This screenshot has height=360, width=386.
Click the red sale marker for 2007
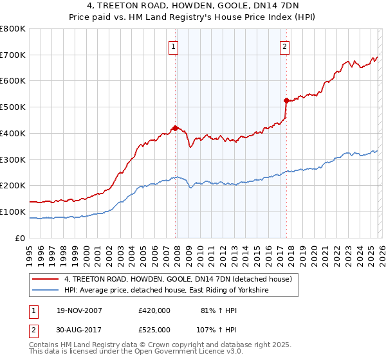click(x=175, y=127)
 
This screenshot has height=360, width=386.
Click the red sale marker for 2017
click(x=286, y=100)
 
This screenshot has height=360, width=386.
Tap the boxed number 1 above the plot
click(x=174, y=46)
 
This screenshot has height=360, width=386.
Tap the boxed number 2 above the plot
click(x=284, y=46)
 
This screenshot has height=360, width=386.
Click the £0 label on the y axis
click(x=21, y=238)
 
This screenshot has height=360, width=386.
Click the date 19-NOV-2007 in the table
click(x=80, y=310)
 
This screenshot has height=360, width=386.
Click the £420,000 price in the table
click(x=154, y=310)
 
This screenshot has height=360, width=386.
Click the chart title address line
click(x=193, y=6)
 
